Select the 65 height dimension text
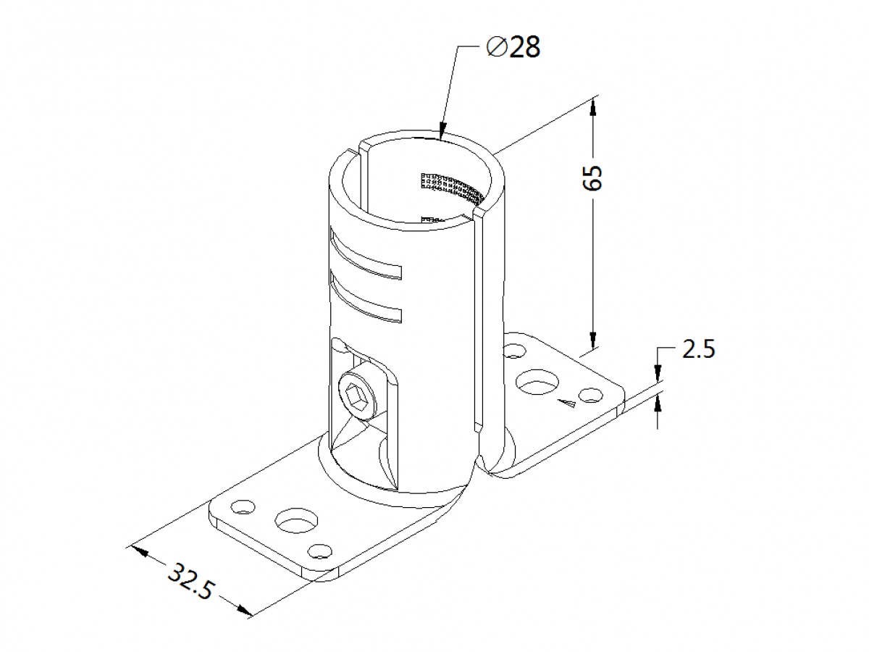tap(592, 177)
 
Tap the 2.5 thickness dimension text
tap(698, 349)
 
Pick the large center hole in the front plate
tap(296, 520)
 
